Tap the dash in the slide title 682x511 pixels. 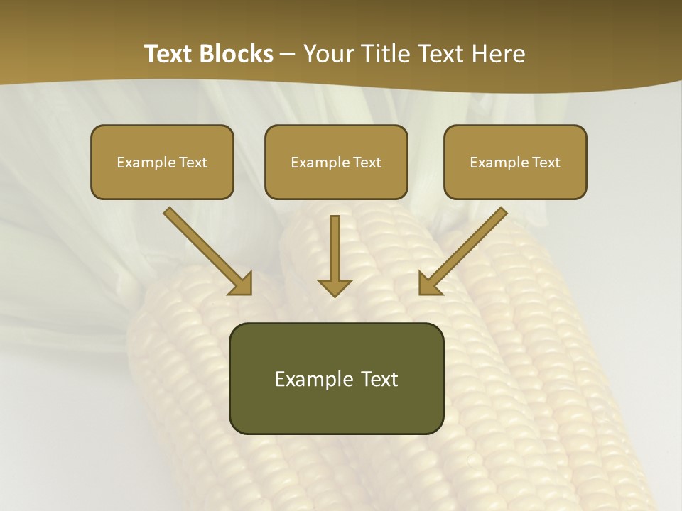click(288, 55)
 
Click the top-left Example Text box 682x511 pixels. click(162, 162)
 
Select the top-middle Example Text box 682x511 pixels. click(336, 162)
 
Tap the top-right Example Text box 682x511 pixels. click(515, 162)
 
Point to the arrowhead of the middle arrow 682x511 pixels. click(335, 287)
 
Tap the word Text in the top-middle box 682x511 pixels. click(367, 162)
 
